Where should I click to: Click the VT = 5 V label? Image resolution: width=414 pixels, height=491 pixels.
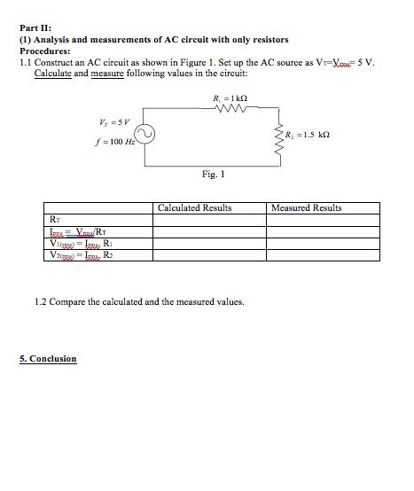(x=114, y=121)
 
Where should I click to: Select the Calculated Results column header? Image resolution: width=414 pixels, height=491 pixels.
(x=194, y=208)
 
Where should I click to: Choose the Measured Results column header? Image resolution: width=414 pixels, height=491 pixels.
(x=306, y=208)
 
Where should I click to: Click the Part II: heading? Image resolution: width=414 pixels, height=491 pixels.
(x=36, y=28)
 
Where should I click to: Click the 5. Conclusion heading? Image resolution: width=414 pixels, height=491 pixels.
(x=48, y=359)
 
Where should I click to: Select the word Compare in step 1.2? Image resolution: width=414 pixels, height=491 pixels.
(x=65, y=302)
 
